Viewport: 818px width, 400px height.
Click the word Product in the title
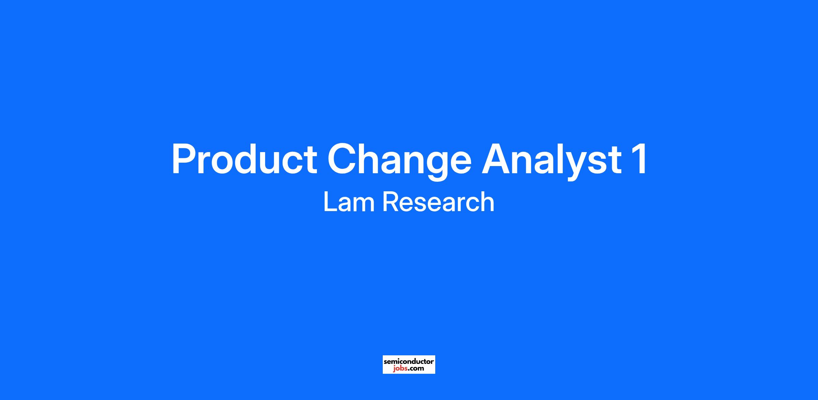[x=244, y=159]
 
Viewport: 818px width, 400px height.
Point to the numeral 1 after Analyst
[x=639, y=159]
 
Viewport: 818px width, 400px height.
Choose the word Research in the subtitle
[x=438, y=202]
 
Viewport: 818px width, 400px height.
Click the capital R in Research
[x=391, y=202]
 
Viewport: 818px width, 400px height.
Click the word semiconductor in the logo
[x=409, y=361]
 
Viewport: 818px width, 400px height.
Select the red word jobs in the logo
[x=400, y=369]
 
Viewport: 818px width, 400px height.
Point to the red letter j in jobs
[x=394, y=369]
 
